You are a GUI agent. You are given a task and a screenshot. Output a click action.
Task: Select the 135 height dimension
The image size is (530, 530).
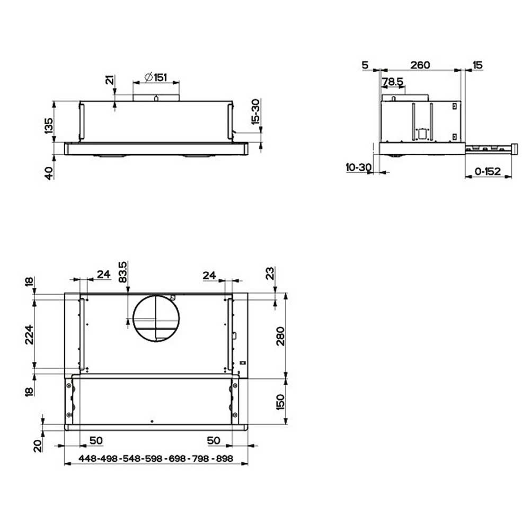point(49,126)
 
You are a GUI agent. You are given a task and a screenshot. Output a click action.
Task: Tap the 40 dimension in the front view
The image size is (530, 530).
point(49,173)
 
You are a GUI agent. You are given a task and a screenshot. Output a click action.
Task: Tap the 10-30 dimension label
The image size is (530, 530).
point(358,167)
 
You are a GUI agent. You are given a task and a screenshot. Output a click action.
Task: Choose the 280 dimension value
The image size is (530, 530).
point(280,337)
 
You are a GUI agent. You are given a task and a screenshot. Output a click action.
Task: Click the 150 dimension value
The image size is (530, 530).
point(280,402)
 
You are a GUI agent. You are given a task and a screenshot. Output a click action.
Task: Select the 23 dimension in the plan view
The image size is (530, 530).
point(270,273)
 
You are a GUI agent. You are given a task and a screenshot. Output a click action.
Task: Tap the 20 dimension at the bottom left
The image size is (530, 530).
point(37,445)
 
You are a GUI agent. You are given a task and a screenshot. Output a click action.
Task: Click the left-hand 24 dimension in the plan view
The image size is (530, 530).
point(103,274)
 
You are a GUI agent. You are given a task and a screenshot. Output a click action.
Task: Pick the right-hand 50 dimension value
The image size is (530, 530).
point(213,440)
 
